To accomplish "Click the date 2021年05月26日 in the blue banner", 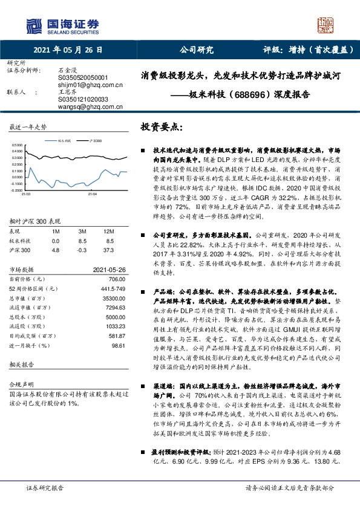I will point(68,52).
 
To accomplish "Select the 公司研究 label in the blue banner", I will point(195,52).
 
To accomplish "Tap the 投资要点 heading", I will point(161,128).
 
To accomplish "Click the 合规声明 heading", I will point(19,401).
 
